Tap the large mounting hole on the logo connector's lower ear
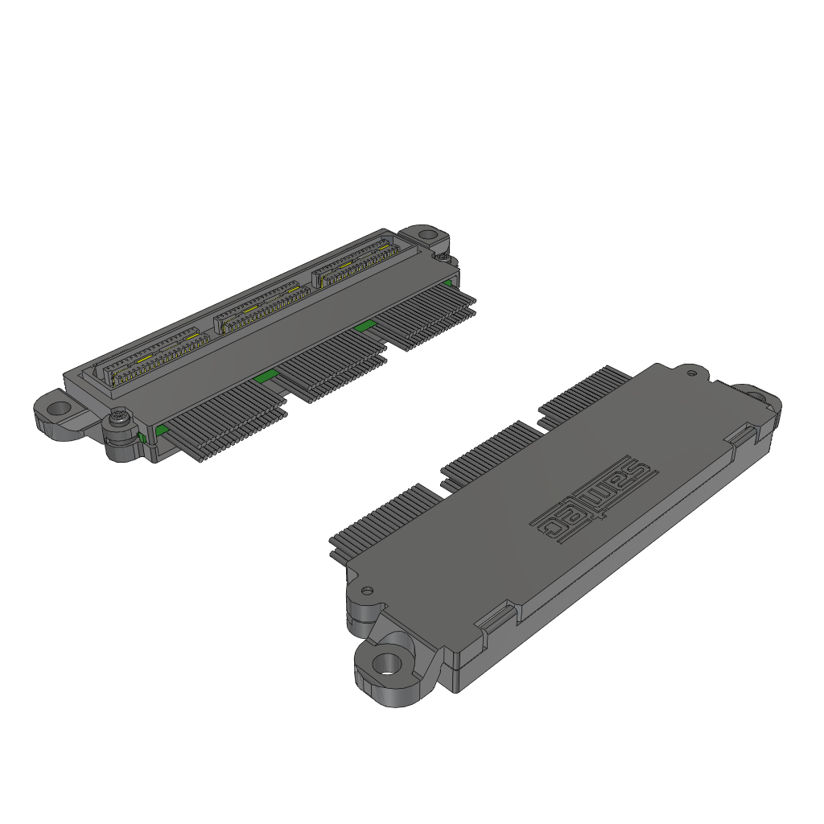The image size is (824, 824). [387, 663]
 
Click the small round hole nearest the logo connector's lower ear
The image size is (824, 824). [368, 590]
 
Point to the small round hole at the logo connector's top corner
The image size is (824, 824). [692, 373]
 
